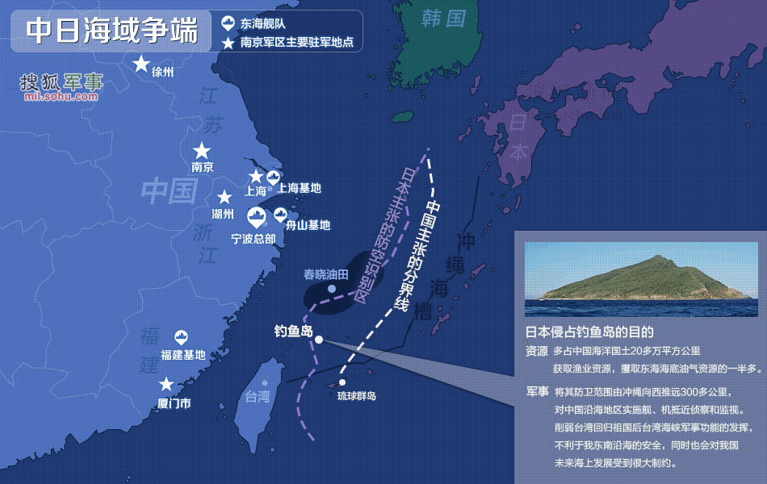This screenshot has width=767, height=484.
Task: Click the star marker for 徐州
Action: tap(141, 64)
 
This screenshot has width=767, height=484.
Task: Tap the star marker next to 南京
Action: tap(202, 151)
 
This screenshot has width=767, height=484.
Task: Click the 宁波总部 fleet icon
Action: tap(257, 217)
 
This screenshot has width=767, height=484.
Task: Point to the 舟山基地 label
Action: tap(312, 226)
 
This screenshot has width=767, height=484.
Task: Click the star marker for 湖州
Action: tap(224, 197)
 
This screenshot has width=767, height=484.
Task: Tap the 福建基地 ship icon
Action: tap(182, 338)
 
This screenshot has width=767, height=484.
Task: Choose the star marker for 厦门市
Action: tap(166, 385)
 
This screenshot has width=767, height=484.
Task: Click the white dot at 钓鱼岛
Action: tap(319, 340)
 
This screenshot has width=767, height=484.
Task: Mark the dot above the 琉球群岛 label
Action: tap(343, 382)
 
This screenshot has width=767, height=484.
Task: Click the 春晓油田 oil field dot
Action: tap(332, 288)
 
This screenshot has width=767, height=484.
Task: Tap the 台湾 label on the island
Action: tap(258, 396)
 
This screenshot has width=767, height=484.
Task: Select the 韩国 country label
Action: tap(444, 18)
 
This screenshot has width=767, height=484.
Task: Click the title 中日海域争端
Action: tap(111, 31)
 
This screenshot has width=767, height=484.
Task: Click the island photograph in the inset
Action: tap(641, 279)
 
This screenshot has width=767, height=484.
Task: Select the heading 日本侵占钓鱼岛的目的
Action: tap(589, 332)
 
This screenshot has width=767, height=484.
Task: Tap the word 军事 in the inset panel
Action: tap(537, 392)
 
